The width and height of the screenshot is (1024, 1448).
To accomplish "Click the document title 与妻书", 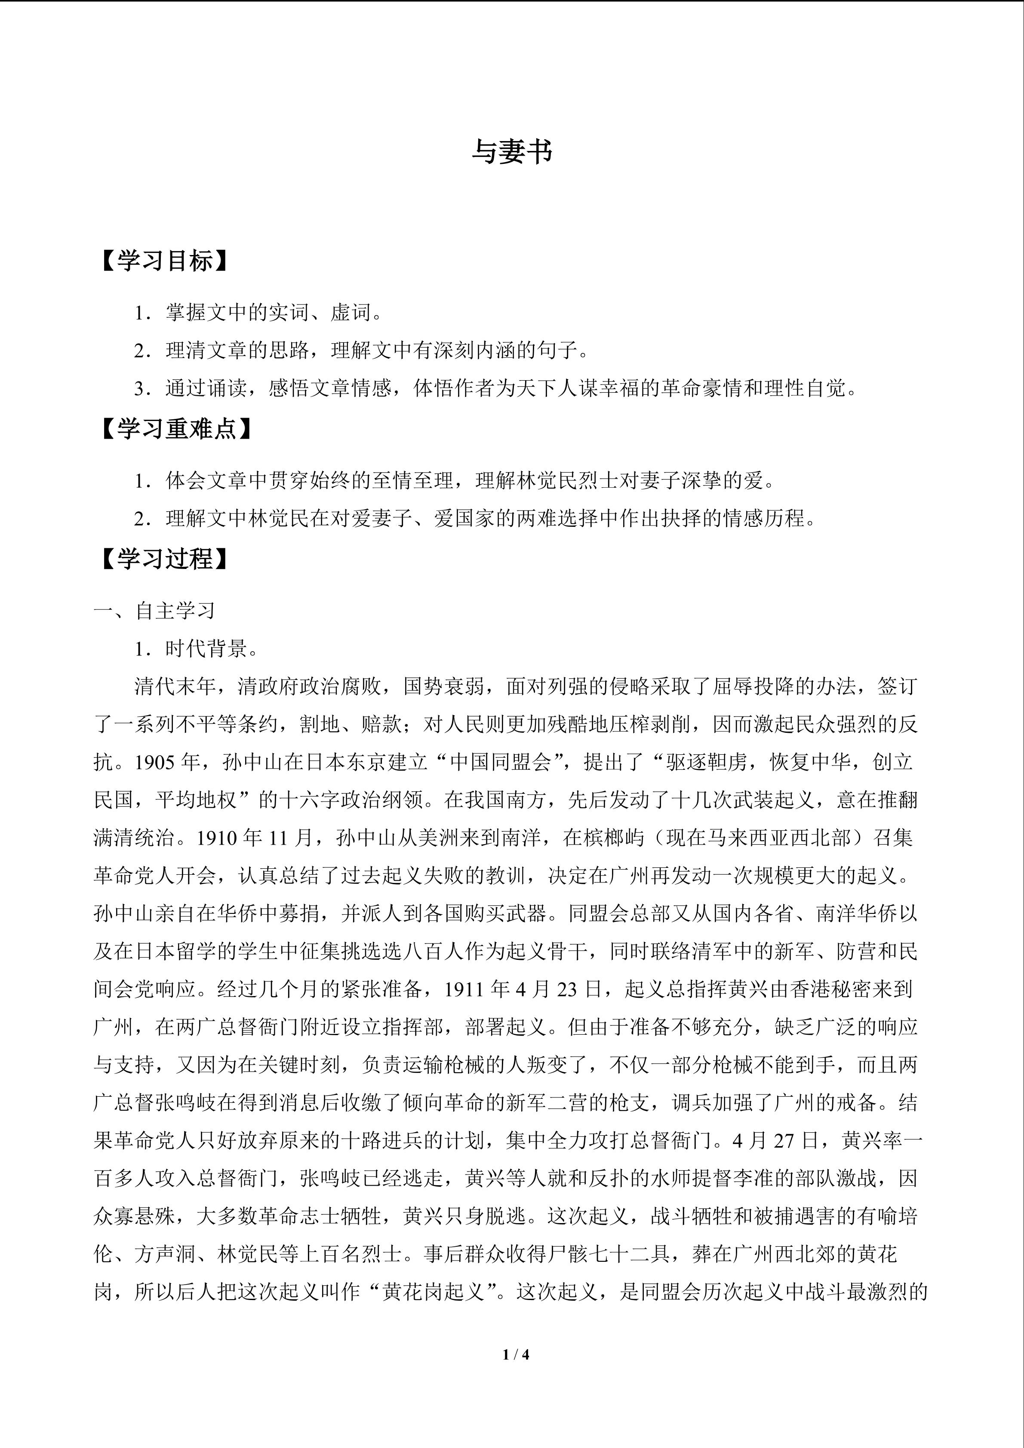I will [511, 152].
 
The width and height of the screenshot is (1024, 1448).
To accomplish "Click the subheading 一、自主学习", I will [154, 611].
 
